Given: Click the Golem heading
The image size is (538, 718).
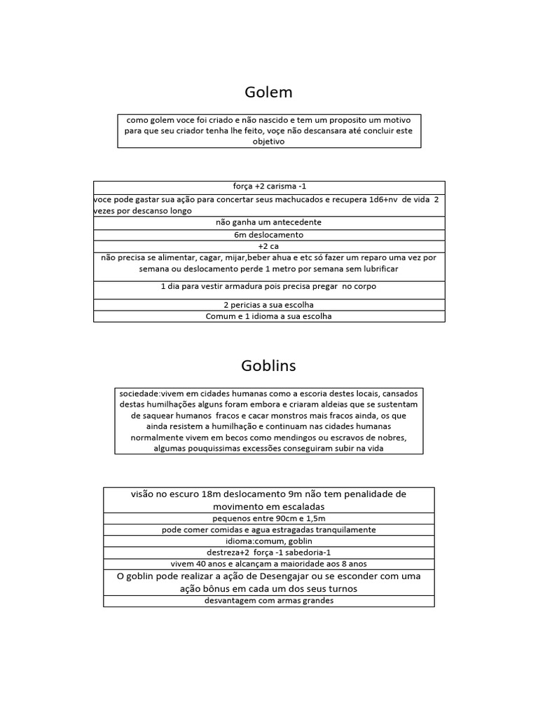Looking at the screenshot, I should tap(269, 93).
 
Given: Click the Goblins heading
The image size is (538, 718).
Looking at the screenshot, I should tap(269, 366).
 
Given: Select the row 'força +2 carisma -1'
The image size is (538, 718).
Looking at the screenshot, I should tap(269, 187).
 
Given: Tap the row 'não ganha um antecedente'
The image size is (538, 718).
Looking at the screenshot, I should tap(269, 222).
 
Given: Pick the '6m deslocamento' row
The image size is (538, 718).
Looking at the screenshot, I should tap(269, 235).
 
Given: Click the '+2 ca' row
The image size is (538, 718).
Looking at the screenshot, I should tap(269, 246).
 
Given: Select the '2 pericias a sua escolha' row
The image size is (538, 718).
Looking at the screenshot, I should tap(269, 305).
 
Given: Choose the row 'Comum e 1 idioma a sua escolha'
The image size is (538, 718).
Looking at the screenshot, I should tap(269, 316).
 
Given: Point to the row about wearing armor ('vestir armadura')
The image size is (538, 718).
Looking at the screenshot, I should tap(269, 287).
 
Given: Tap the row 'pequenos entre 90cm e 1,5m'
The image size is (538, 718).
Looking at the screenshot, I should tap(269, 519).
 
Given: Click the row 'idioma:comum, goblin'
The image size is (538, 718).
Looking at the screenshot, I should tap(269, 541).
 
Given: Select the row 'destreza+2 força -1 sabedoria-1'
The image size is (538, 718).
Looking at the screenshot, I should tap(269, 553).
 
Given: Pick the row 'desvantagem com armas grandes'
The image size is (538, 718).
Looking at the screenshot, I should tap(269, 601).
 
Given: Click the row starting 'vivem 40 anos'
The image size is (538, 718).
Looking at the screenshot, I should tap(269, 564).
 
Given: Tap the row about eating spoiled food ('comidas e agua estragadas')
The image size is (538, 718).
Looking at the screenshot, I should tap(269, 530).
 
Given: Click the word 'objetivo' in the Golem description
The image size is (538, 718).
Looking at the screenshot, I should tap(269, 142).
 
